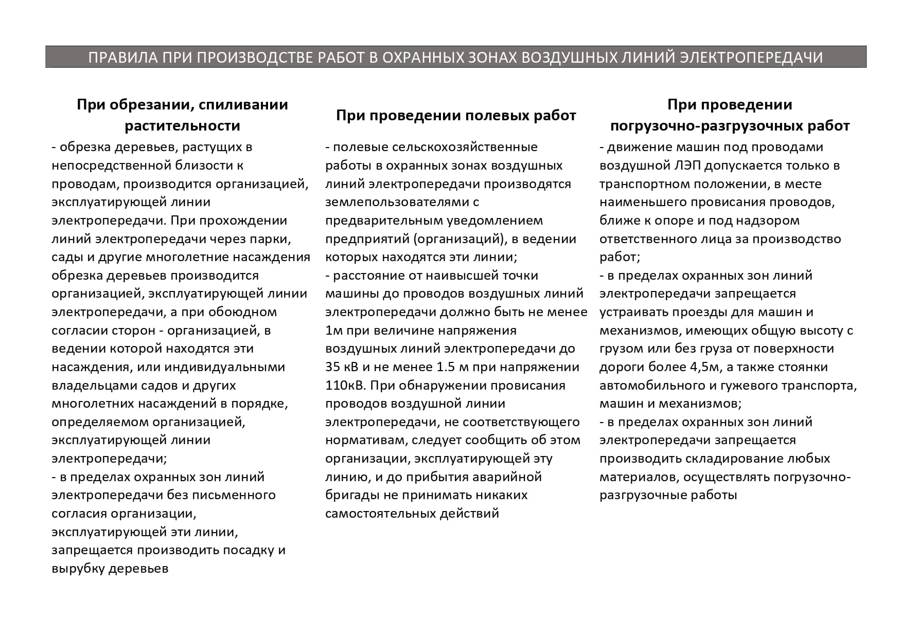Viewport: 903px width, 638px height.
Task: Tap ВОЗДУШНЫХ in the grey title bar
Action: [x=564, y=57]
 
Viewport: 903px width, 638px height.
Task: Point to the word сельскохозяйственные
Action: [x=465, y=147]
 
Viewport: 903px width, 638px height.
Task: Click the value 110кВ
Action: [x=344, y=386]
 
